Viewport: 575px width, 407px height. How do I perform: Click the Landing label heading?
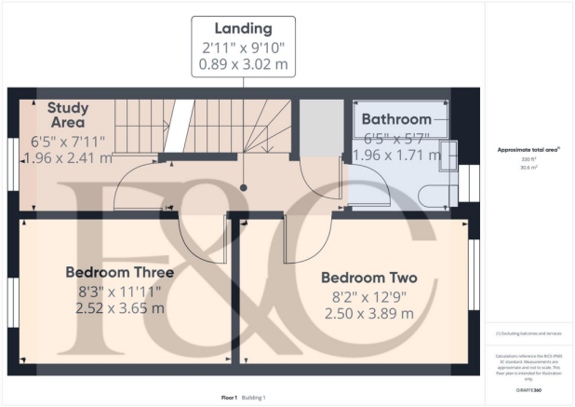pyautogui.click(x=244, y=29)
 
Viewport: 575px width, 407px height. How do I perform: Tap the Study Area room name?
pyautogui.click(x=67, y=115)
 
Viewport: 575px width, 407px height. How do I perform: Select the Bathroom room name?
pyautogui.click(x=396, y=119)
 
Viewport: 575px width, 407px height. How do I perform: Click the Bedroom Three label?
pyautogui.click(x=119, y=272)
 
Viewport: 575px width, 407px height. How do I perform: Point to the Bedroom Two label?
pyautogui.click(x=368, y=278)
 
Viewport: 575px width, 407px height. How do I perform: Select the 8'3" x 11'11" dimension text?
pyautogui.click(x=119, y=291)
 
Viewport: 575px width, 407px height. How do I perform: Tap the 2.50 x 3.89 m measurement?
pyautogui.click(x=368, y=314)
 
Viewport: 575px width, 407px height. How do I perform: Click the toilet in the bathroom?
pyautogui.click(x=437, y=194)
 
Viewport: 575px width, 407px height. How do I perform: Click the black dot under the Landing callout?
pyautogui.click(x=244, y=187)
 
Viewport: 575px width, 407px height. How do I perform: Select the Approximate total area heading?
pyautogui.click(x=528, y=149)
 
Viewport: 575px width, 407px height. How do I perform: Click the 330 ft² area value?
pyautogui.click(x=528, y=159)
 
